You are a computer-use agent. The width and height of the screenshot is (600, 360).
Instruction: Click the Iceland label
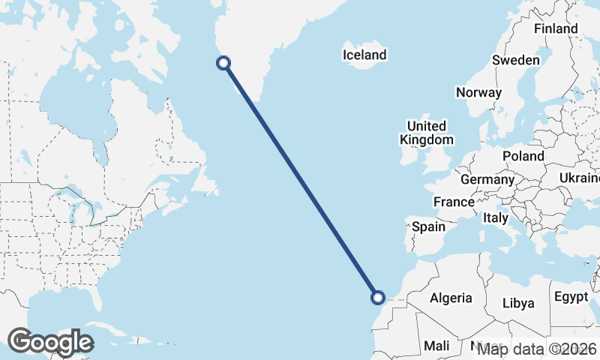[x=364, y=55]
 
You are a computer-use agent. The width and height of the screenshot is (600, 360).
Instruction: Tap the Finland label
[x=555, y=28]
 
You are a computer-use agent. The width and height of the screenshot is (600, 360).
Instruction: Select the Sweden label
[x=516, y=60]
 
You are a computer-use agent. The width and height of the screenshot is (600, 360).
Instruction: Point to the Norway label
[x=478, y=93]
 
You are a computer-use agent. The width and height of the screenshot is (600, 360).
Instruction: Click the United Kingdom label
[x=426, y=133]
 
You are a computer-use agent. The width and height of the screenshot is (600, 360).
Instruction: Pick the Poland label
[x=523, y=156]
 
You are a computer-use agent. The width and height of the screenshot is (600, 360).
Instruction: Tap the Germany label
[x=487, y=180]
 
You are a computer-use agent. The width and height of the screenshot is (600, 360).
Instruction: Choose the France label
[x=454, y=202]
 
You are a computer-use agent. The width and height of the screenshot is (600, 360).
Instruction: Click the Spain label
[x=428, y=226]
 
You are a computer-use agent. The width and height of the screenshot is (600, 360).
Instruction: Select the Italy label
[x=495, y=218]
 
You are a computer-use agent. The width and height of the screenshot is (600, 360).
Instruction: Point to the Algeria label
[x=451, y=298]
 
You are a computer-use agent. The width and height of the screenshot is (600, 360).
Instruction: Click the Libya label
[x=518, y=303]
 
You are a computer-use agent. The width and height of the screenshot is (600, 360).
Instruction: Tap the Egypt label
[x=571, y=297]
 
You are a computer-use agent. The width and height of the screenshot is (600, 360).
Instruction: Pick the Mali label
[x=436, y=346]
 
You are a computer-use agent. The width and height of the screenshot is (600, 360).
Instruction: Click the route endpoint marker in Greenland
[x=223, y=63]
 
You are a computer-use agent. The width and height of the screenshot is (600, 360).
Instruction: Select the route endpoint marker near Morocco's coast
[x=379, y=298]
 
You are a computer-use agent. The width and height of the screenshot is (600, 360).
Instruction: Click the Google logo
[x=50, y=342]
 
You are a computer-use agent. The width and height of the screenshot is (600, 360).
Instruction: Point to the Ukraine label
[x=579, y=178]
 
